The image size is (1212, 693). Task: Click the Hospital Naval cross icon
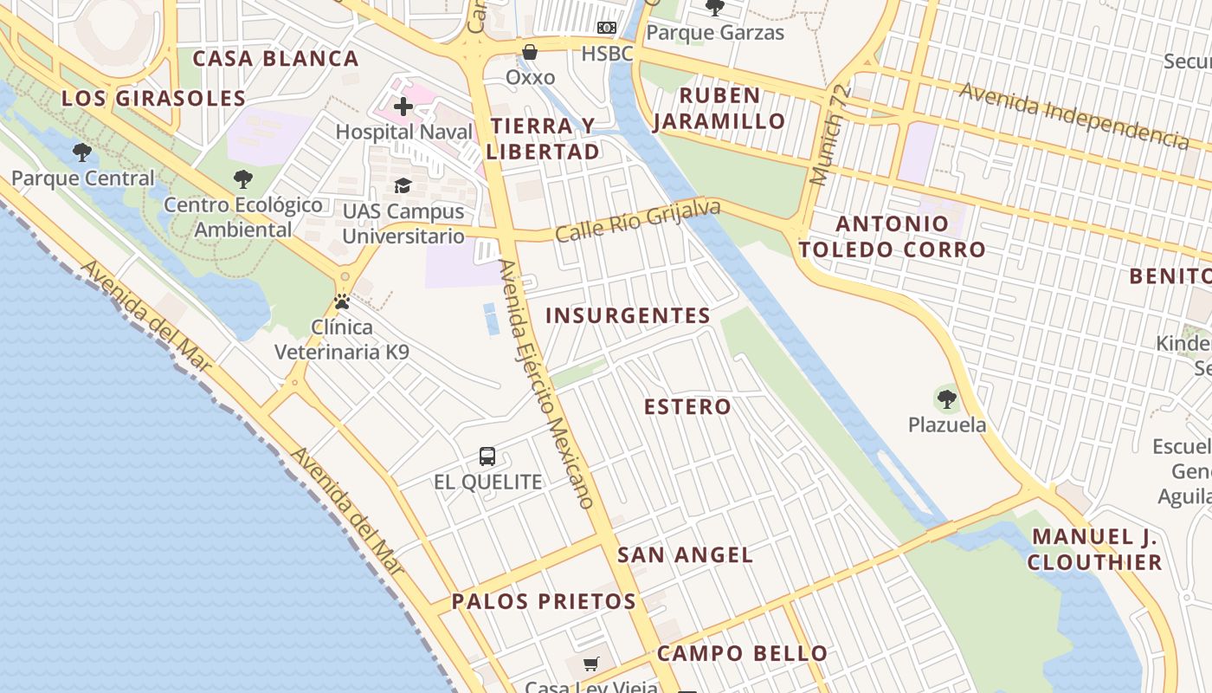pos(403,107)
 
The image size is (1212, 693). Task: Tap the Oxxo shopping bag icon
pos(530,53)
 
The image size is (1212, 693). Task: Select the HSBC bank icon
pos(607,29)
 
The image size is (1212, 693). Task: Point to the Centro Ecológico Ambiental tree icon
pos(243,180)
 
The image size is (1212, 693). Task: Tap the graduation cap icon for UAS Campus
pos(403,185)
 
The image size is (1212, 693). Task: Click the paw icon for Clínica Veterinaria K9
pos(342,302)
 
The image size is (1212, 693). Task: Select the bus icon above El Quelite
pos(487,457)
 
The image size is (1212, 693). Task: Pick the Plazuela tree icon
pos(947,399)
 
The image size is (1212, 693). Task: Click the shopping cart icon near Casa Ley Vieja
pos(591,664)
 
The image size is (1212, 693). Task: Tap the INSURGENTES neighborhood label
pos(628,315)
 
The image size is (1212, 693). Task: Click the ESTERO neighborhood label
pos(687,406)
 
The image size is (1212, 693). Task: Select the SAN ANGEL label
pos(685,554)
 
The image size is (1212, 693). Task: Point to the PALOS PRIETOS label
pos(544,600)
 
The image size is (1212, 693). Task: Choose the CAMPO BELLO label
pos(742,653)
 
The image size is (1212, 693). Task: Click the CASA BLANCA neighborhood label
pos(275,58)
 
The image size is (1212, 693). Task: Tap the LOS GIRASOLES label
pos(153,98)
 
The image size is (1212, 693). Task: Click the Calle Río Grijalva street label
pos(638,220)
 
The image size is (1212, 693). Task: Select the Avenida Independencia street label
pos(1073,114)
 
